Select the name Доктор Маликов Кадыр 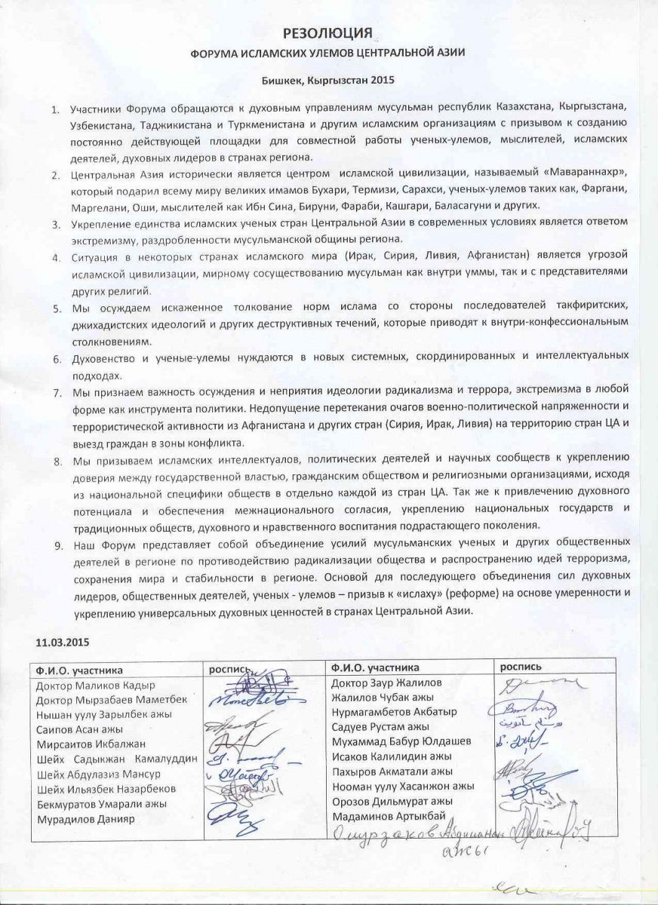pos(95,686)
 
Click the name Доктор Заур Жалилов pos(387,683)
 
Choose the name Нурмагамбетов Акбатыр pos(395,712)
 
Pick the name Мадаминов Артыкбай pos(389,815)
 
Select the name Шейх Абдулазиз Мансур pos(89,775)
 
